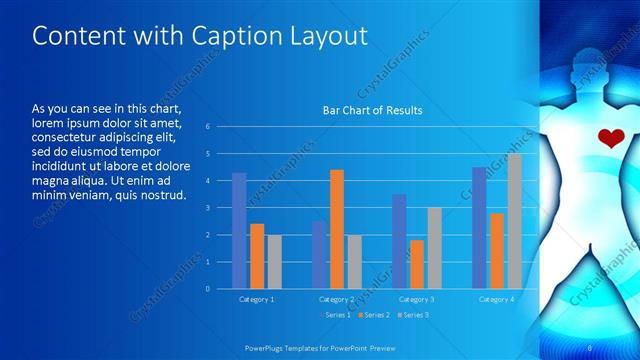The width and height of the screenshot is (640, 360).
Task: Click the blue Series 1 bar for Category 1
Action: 239,231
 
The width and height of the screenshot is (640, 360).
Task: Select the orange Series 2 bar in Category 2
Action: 337,229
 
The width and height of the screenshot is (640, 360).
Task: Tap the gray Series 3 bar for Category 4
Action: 514,221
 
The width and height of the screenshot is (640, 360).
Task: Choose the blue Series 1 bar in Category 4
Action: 479,228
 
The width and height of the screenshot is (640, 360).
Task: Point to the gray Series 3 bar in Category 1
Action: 274,262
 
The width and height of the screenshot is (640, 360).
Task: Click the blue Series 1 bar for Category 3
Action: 399,241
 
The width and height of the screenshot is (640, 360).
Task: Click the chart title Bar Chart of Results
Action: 372,110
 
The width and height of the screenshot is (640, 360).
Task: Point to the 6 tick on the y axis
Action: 206,127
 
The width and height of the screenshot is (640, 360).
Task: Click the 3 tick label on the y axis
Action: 206,208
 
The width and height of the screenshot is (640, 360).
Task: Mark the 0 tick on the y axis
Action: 206,289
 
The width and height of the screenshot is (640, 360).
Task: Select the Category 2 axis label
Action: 337,299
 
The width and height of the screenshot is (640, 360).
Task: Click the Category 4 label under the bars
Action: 497,299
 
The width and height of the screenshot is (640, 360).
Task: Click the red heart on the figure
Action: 608,139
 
